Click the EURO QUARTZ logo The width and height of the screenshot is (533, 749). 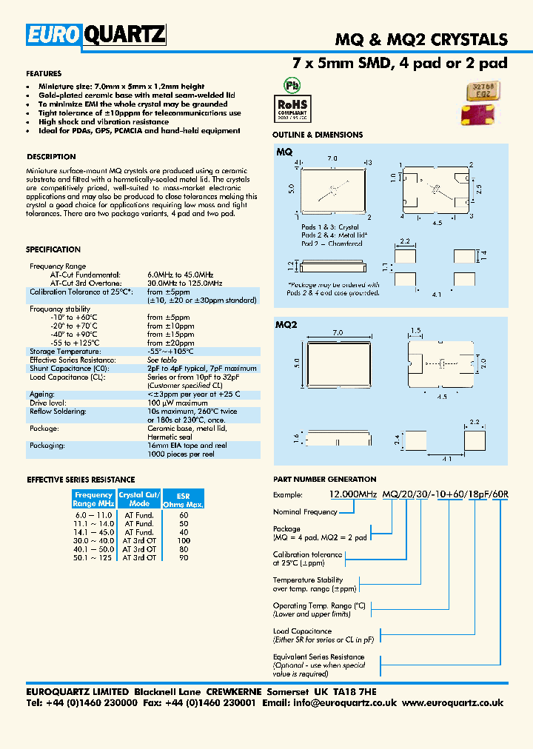click(x=96, y=35)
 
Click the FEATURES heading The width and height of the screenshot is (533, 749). click(x=44, y=74)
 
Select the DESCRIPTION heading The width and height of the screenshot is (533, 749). click(x=51, y=157)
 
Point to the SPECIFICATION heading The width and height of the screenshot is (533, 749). click(x=53, y=249)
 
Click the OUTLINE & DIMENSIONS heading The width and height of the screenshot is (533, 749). click(x=318, y=135)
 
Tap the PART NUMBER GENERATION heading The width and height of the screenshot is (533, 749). click(x=324, y=480)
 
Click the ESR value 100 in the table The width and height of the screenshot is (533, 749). click(x=184, y=540)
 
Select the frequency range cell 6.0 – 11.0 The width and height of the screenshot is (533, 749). click(x=93, y=514)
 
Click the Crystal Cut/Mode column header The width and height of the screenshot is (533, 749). click(x=138, y=499)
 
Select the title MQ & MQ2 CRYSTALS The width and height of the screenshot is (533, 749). click(x=422, y=40)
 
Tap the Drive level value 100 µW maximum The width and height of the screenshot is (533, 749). click(x=177, y=403)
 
